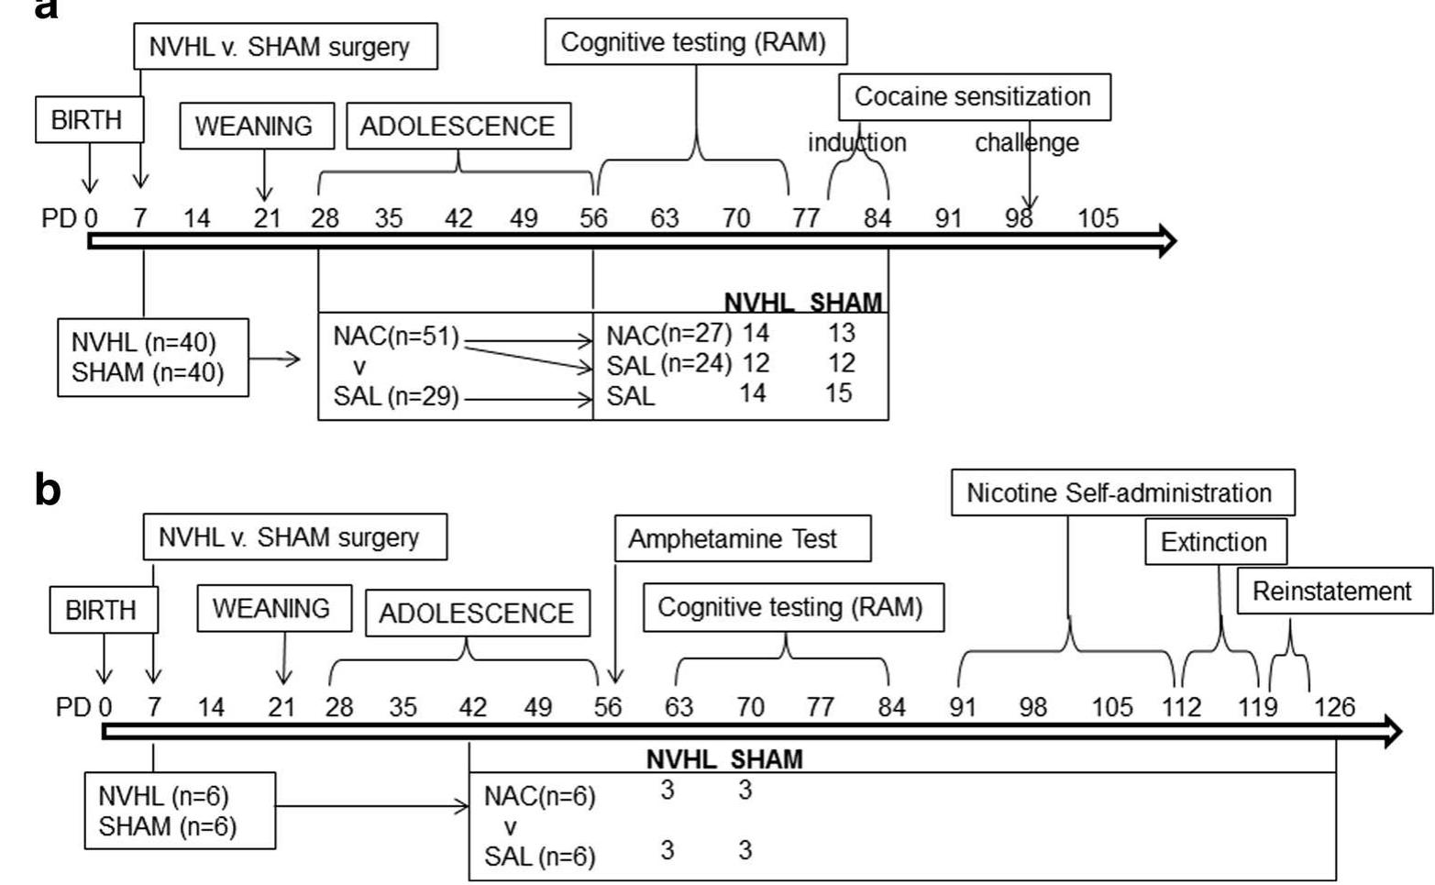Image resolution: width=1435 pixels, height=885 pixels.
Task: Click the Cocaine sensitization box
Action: click(974, 97)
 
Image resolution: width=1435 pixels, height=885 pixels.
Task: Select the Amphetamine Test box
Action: click(742, 539)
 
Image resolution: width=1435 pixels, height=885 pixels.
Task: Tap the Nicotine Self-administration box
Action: click(1121, 493)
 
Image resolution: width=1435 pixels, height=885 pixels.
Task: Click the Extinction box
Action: click(1215, 542)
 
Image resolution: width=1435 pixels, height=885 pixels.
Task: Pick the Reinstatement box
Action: click(1332, 592)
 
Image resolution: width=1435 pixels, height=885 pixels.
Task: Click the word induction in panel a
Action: click(856, 143)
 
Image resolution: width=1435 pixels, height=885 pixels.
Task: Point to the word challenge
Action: click(1026, 143)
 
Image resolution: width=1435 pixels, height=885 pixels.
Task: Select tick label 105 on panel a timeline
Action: click(1098, 218)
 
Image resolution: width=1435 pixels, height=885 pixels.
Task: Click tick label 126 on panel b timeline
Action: click(1334, 707)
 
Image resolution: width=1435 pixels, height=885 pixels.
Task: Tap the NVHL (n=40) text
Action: click(144, 343)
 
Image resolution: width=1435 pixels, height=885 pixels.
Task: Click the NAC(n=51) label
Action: click(396, 337)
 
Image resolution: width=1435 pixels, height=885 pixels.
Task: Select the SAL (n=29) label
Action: click(396, 398)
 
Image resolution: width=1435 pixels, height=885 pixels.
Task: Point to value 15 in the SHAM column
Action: click(838, 393)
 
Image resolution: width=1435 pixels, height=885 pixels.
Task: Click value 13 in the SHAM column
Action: click(841, 333)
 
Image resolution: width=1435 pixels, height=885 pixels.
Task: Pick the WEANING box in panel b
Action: click(273, 609)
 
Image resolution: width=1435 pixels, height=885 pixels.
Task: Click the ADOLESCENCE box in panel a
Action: click(458, 127)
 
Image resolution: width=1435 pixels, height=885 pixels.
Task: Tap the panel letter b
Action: click(48, 491)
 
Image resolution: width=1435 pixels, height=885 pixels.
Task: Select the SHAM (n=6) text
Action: click(168, 826)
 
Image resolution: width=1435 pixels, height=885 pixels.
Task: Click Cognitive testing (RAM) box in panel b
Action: click(792, 608)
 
